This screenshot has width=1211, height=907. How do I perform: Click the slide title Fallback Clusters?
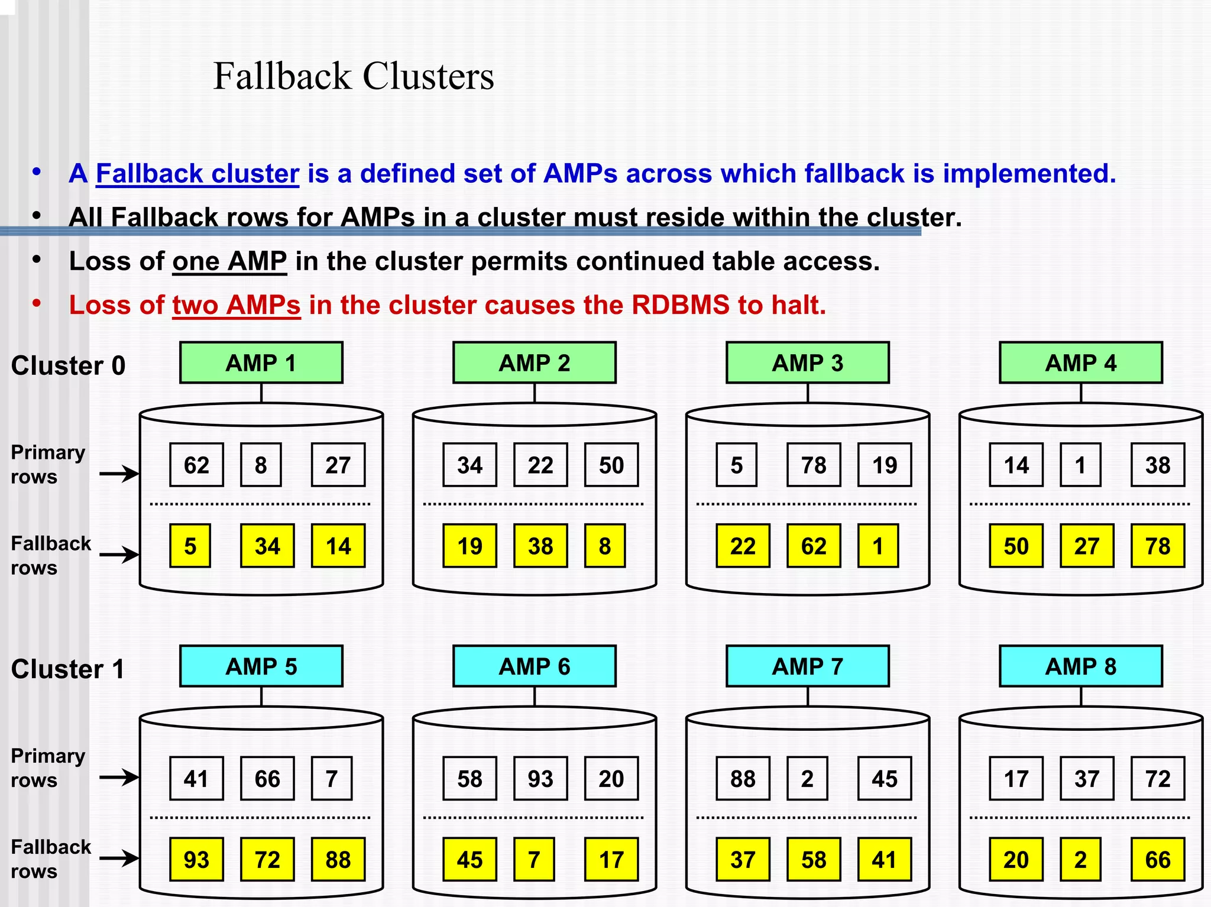click(353, 76)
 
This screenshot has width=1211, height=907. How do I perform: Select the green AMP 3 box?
click(807, 362)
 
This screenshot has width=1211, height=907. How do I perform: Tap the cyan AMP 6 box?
click(534, 666)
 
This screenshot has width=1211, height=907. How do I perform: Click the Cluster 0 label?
click(68, 365)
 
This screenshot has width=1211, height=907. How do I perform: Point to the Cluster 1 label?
click(68, 669)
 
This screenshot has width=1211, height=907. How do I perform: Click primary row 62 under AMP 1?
click(196, 465)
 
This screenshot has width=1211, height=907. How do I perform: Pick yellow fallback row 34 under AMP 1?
click(267, 546)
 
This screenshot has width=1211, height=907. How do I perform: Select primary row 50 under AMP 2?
click(611, 465)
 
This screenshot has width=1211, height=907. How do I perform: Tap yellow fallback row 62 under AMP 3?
click(814, 546)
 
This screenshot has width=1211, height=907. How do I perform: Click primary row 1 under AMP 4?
click(1080, 465)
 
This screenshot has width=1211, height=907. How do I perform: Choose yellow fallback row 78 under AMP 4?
click(1157, 546)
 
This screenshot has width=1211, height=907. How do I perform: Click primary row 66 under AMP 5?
click(267, 779)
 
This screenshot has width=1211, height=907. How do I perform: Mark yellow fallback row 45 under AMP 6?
click(469, 859)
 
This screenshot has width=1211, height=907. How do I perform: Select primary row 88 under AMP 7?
click(743, 779)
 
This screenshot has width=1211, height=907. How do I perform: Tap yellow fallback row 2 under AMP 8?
click(1080, 859)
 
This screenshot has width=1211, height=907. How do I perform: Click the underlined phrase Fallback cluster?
click(197, 174)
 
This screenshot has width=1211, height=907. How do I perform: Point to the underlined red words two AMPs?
click(237, 306)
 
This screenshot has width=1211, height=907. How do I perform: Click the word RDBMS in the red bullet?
click(680, 306)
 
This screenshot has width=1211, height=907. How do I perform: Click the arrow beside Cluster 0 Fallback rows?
click(119, 555)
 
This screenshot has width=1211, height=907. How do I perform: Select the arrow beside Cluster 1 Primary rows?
click(119, 777)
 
